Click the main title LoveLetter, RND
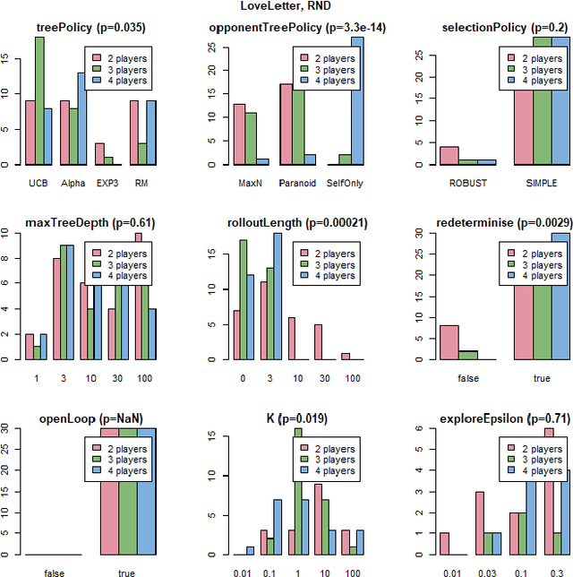click(286, 8)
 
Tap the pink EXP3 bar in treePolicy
click(100, 154)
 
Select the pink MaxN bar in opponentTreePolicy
click(239, 134)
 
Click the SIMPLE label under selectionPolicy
click(542, 184)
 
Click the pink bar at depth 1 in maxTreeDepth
click(29, 347)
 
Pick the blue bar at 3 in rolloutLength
click(277, 297)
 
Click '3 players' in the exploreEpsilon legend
click(532, 458)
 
